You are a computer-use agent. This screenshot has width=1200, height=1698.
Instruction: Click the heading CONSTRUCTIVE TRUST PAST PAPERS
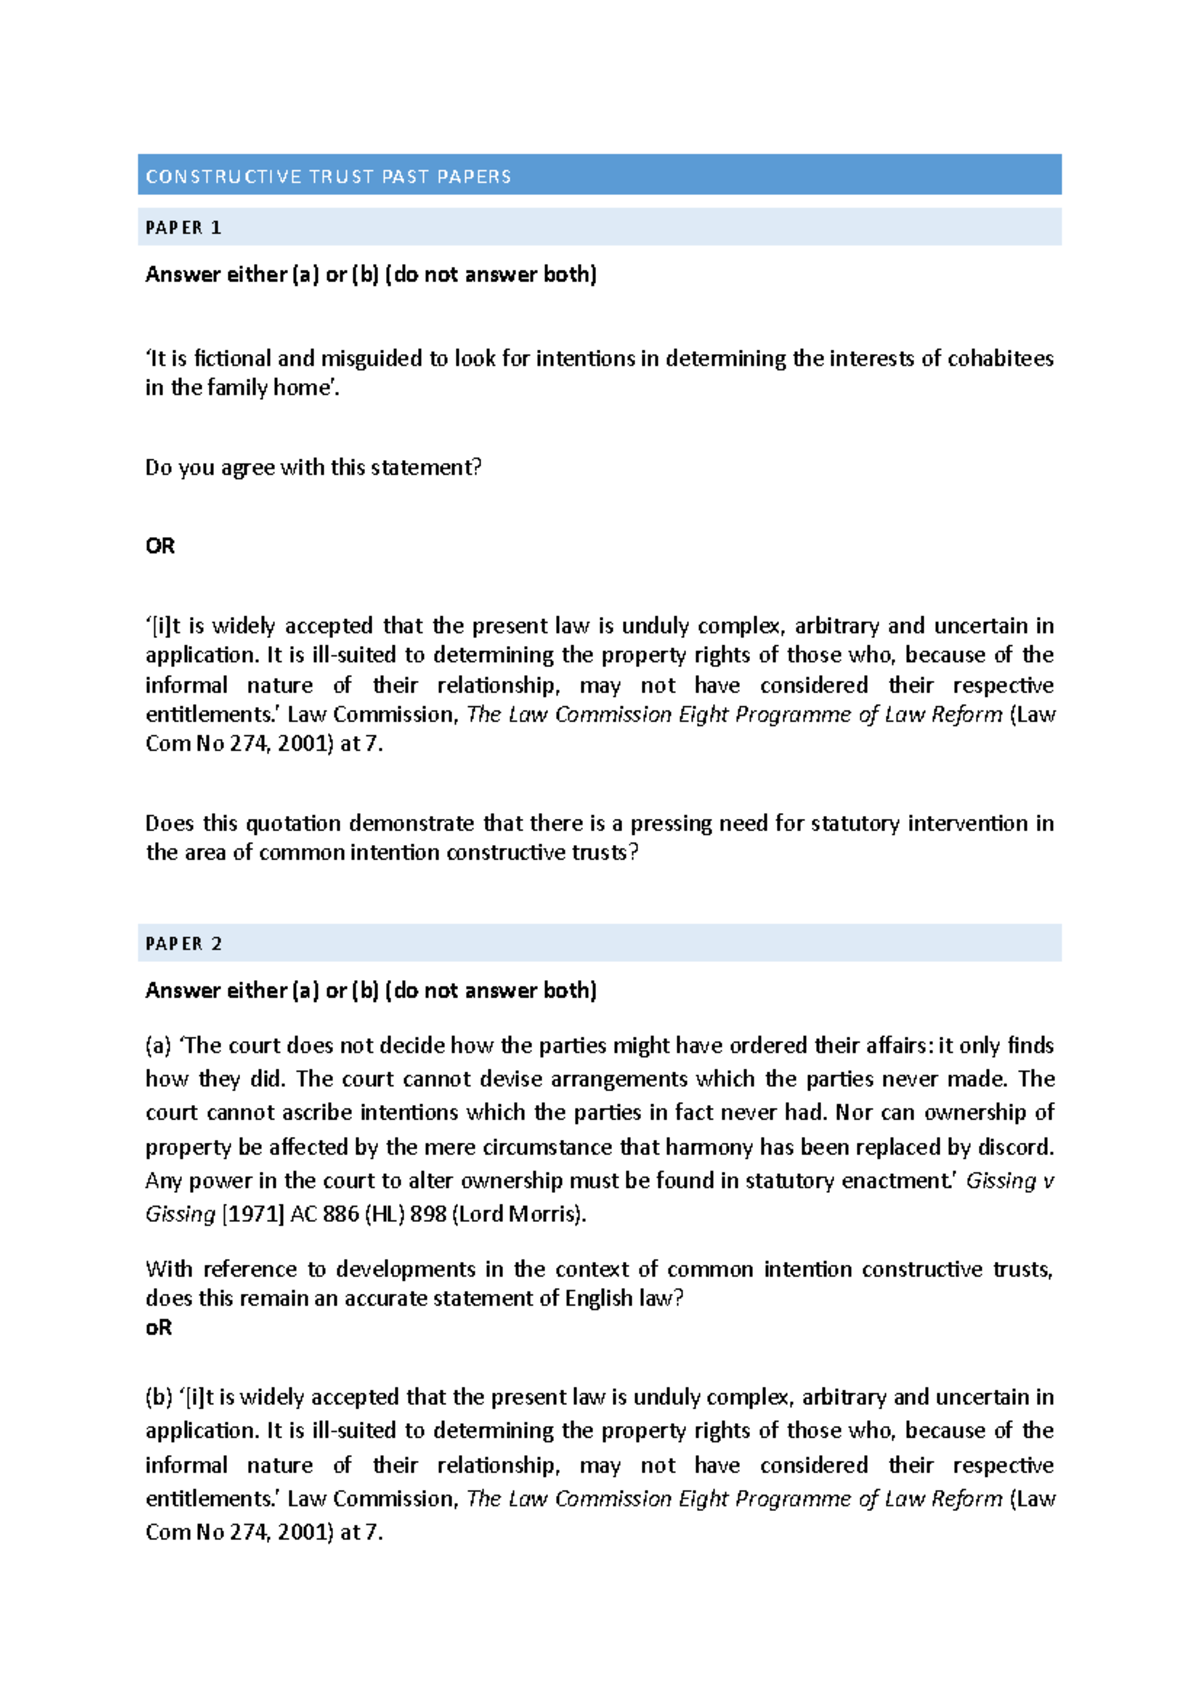(328, 177)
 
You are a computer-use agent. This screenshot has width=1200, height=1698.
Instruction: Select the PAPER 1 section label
(183, 228)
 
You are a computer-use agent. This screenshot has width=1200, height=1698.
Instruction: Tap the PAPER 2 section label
(183, 944)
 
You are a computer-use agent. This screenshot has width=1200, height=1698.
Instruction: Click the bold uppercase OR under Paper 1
(160, 546)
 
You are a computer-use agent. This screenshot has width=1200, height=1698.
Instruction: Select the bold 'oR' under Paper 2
(159, 1328)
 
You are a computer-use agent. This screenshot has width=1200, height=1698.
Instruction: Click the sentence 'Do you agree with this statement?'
(313, 468)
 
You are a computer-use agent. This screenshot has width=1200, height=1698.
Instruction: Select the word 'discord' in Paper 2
(1013, 1147)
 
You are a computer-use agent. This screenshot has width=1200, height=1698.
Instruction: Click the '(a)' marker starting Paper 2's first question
(158, 1046)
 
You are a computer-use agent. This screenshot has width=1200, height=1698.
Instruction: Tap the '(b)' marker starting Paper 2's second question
(159, 1398)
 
